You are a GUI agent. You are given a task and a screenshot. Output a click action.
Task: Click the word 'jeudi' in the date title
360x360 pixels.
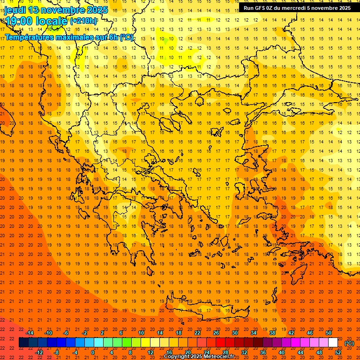pos(15,10)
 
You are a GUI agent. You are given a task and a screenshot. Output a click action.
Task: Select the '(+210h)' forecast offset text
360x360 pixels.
pos(83,21)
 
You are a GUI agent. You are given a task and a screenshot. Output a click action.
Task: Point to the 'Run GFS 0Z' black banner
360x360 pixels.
pos(297,8)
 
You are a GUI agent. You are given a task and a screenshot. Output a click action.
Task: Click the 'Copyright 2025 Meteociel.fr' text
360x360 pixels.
pos(199,357)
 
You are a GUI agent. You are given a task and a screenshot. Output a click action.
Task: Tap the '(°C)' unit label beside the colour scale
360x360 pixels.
pos(349,343)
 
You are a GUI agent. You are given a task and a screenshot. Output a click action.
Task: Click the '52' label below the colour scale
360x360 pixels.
pos(338,352)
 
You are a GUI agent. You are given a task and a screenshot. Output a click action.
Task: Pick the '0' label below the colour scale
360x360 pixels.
pos(93,352)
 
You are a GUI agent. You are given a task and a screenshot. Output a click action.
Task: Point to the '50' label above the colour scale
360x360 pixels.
pos(329,333)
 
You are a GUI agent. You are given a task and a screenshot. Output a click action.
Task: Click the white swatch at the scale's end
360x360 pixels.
pos(333,343)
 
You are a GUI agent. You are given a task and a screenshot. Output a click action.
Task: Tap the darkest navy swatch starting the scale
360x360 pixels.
pos(23,343)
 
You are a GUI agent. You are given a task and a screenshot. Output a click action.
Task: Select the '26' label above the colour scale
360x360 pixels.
pos(216,333)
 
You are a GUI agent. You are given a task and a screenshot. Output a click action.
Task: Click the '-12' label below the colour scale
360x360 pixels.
pos(39,352)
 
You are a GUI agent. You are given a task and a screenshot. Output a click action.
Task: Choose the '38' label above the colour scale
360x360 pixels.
pos(272,333)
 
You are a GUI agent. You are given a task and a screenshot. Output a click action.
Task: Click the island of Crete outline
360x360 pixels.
pos(202,308)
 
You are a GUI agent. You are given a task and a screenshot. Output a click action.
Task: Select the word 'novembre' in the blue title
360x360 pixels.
pos(64,10)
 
